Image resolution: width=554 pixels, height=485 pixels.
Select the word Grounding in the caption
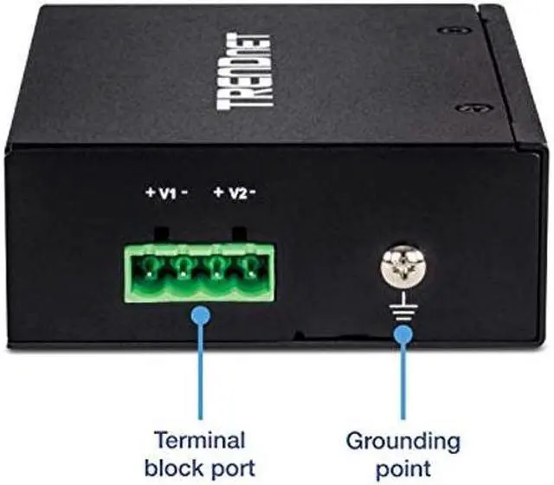pos(403,440)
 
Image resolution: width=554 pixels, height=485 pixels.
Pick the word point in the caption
pos(403,468)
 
